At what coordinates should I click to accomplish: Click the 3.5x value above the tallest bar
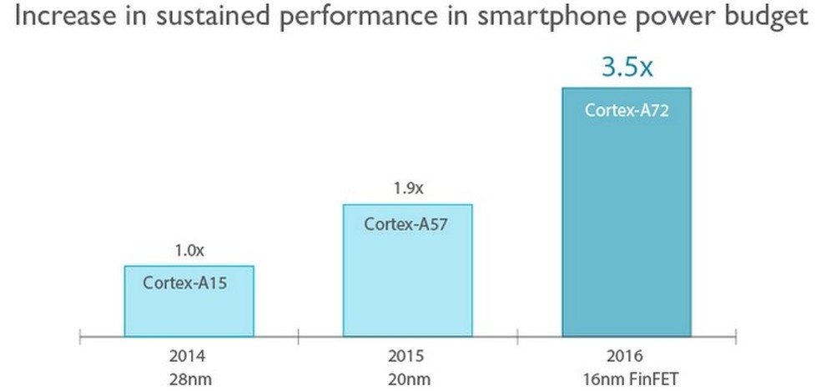coord(627,65)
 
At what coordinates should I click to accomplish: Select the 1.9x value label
coord(407,188)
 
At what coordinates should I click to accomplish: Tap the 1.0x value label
coord(189,249)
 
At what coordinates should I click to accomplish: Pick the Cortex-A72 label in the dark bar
coord(627,109)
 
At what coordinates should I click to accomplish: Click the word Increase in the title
coord(58,18)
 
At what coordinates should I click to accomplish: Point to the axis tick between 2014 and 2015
coord(298,338)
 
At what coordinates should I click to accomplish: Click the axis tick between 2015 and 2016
coord(516,338)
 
